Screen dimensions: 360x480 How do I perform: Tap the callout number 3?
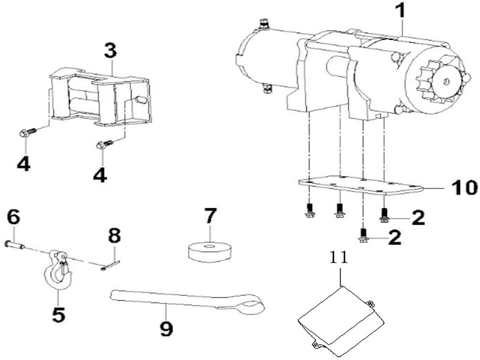coord(110,51)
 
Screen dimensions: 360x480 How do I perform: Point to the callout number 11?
coord(340,258)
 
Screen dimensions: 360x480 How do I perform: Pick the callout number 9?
coord(166,330)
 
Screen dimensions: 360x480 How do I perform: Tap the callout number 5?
coord(58,314)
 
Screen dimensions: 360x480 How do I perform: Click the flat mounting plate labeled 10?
coord(358,186)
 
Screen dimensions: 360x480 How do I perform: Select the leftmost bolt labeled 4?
coord(25,133)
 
